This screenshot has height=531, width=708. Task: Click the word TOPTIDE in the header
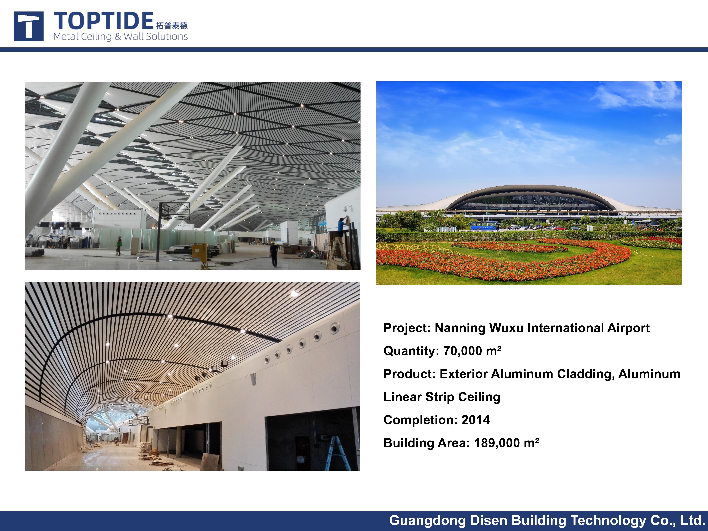pyautogui.click(x=103, y=21)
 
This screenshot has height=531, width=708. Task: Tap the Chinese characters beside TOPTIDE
pyautogui.click(x=172, y=26)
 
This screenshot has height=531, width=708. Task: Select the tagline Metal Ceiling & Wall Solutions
pyautogui.click(x=120, y=37)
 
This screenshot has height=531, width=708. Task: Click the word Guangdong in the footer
pyautogui.click(x=428, y=520)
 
